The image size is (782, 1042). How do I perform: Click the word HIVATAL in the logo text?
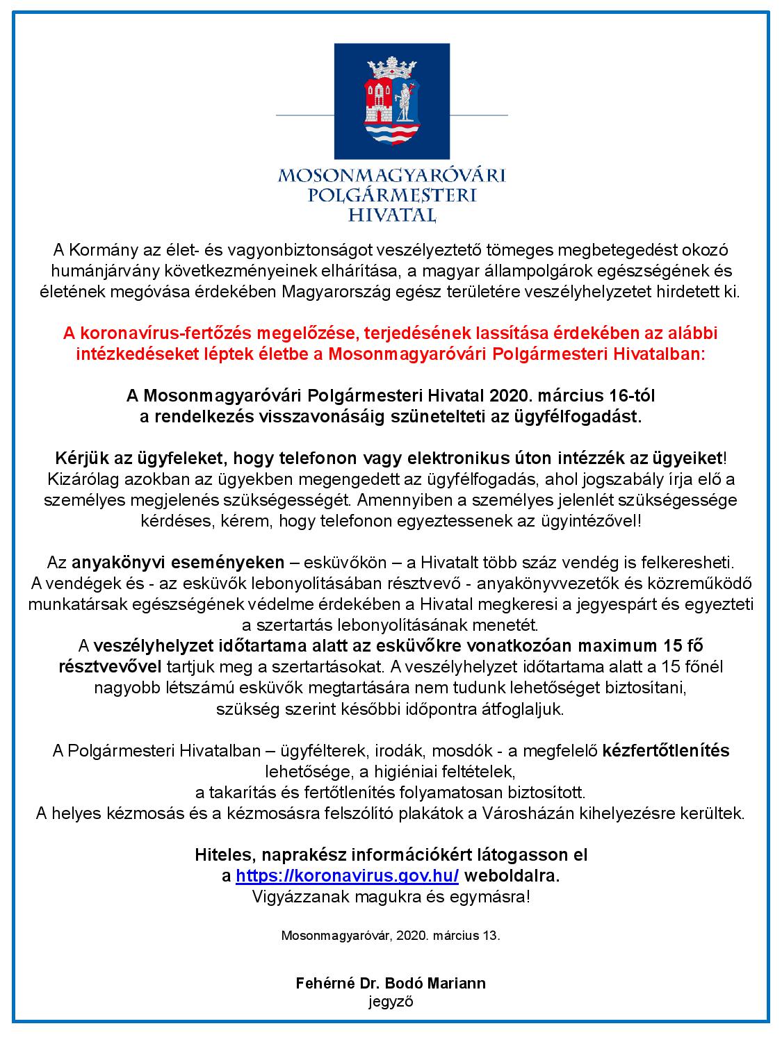[x=391, y=214]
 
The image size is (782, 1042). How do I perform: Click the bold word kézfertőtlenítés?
[x=666, y=750]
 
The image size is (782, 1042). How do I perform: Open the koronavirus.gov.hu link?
[x=347, y=876]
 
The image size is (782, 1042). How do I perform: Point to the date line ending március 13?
[x=391, y=935]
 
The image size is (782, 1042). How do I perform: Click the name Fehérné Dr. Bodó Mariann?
[x=391, y=984]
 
